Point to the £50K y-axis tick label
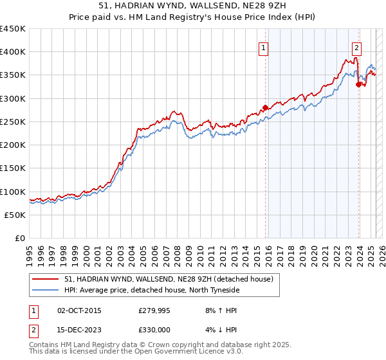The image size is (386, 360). [x=15, y=215]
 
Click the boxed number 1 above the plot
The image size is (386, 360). [x=264, y=47]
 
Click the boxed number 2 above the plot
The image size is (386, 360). [x=356, y=47]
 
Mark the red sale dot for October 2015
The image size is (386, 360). [x=265, y=107]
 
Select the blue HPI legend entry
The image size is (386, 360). [x=152, y=290]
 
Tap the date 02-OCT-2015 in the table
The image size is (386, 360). [x=79, y=310]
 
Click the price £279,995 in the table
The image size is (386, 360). [x=154, y=310]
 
